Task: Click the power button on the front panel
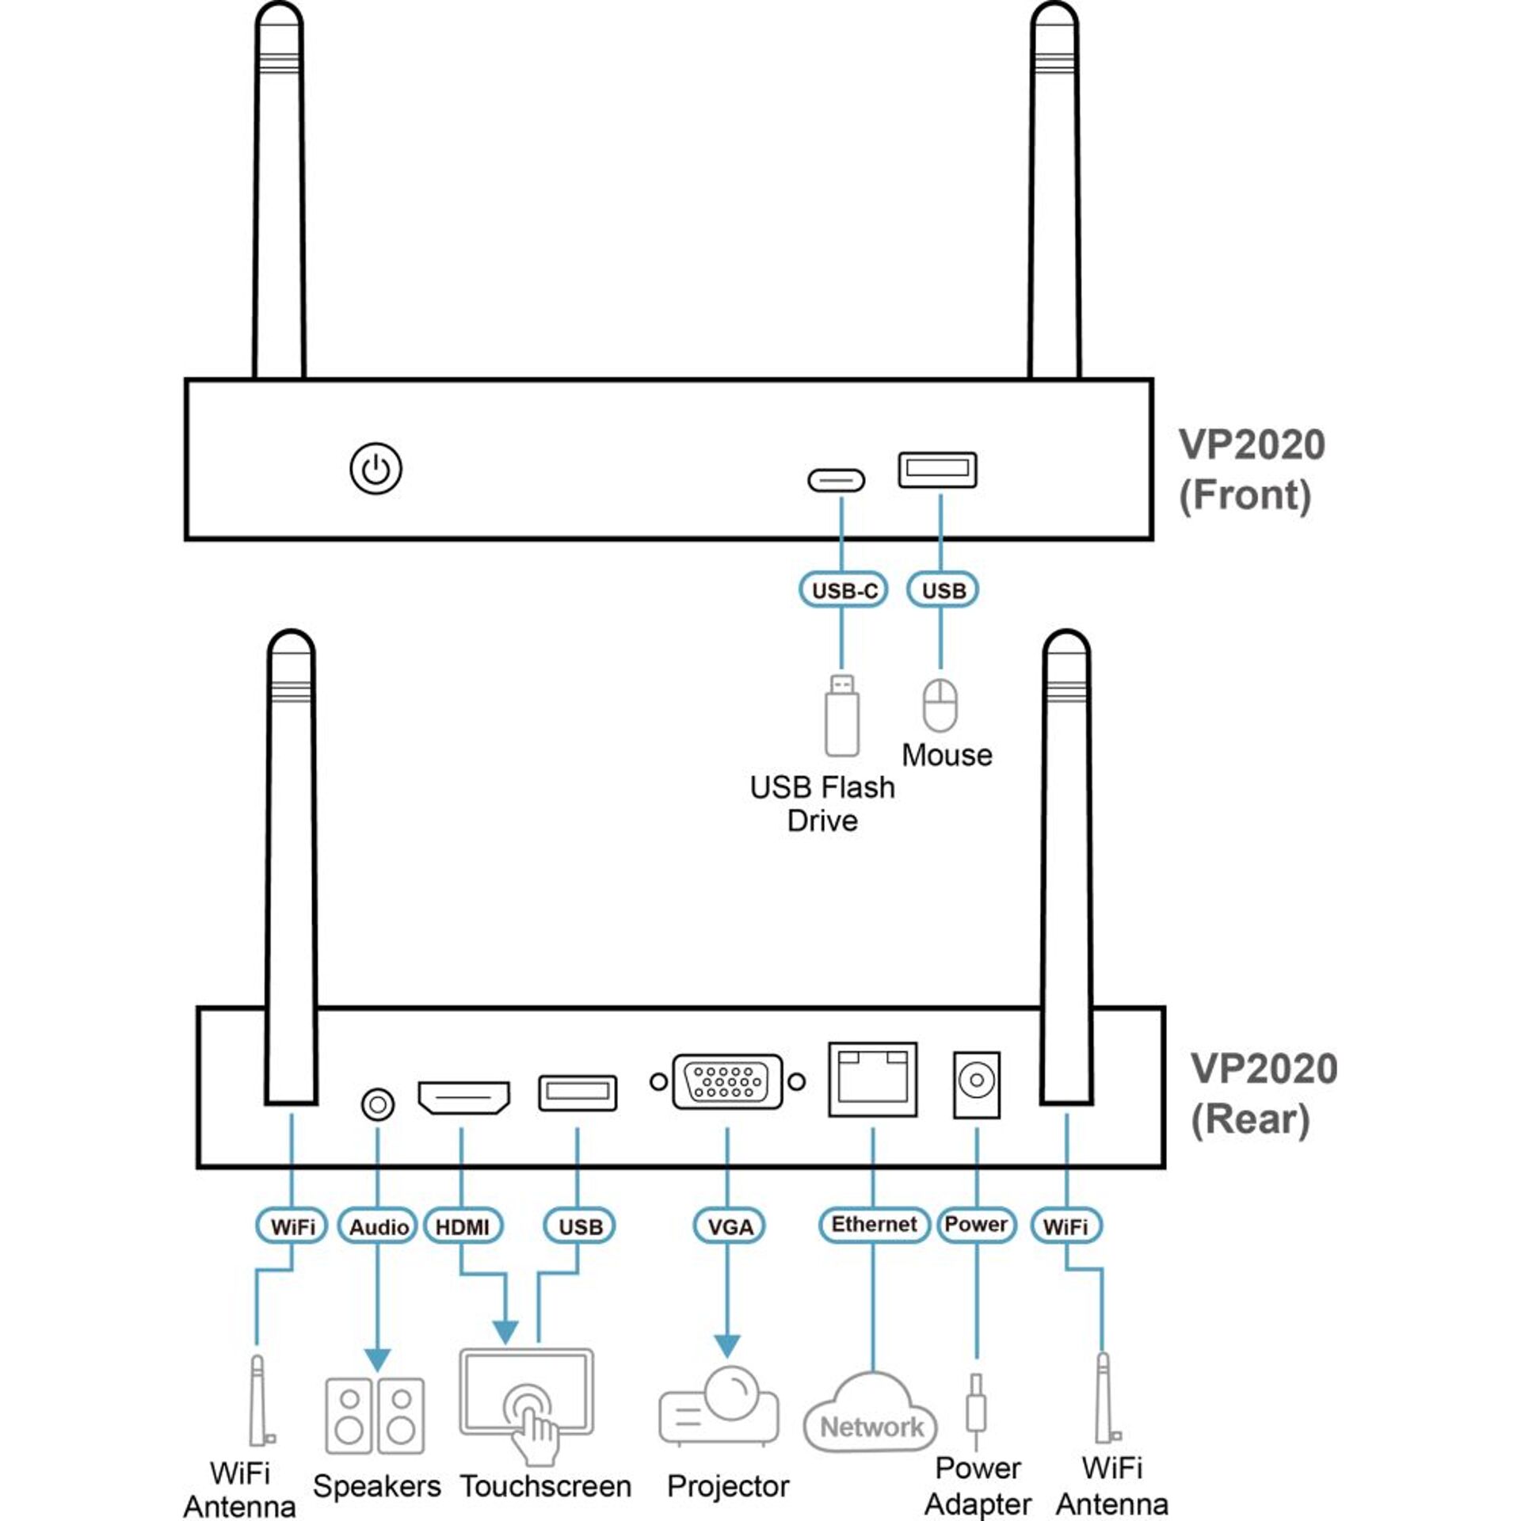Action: [x=375, y=469]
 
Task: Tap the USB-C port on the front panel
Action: [x=836, y=480]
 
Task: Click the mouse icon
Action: [x=940, y=704]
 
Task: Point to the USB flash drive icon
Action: [x=841, y=715]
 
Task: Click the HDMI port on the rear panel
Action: [x=463, y=1097]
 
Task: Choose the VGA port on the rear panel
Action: [x=727, y=1081]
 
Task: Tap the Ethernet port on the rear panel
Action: [x=872, y=1079]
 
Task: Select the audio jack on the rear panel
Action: [x=377, y=1104]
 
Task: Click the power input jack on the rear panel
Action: [x=976, y=1085]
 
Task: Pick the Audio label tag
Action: [x=378, y=1227]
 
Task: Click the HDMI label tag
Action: [x=463, y=1227]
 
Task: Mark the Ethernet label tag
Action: [x=874, y=1225]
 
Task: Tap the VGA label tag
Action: [x=729, y=1227]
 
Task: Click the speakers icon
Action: [x=375, y=1416]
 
